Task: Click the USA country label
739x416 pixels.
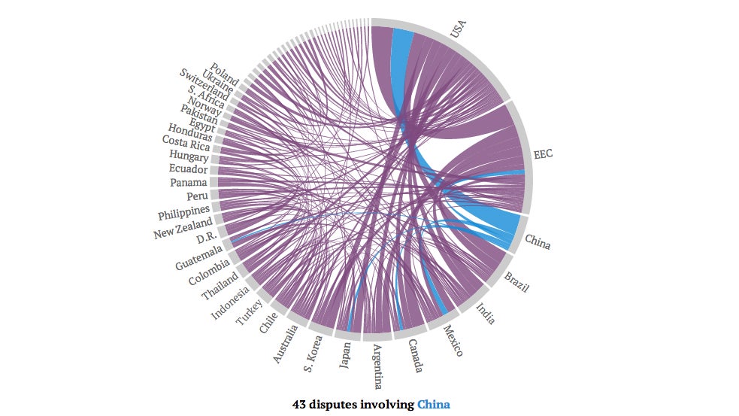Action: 458,29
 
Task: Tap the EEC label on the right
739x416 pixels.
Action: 543,154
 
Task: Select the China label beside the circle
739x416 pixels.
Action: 538,242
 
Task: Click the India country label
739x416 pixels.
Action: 486,314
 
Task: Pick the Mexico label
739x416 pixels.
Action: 453,341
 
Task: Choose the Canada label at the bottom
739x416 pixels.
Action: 416,356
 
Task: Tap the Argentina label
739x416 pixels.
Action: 377,366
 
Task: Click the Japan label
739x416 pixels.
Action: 345,354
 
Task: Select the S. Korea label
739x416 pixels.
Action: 313,354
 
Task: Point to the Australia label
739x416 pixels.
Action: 286,344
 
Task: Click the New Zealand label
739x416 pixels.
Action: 183,228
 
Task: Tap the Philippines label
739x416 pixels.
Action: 183,212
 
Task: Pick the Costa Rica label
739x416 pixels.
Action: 186,142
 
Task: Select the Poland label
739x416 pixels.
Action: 225,74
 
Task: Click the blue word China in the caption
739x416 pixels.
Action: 434,404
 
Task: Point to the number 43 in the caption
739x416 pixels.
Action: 298,404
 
